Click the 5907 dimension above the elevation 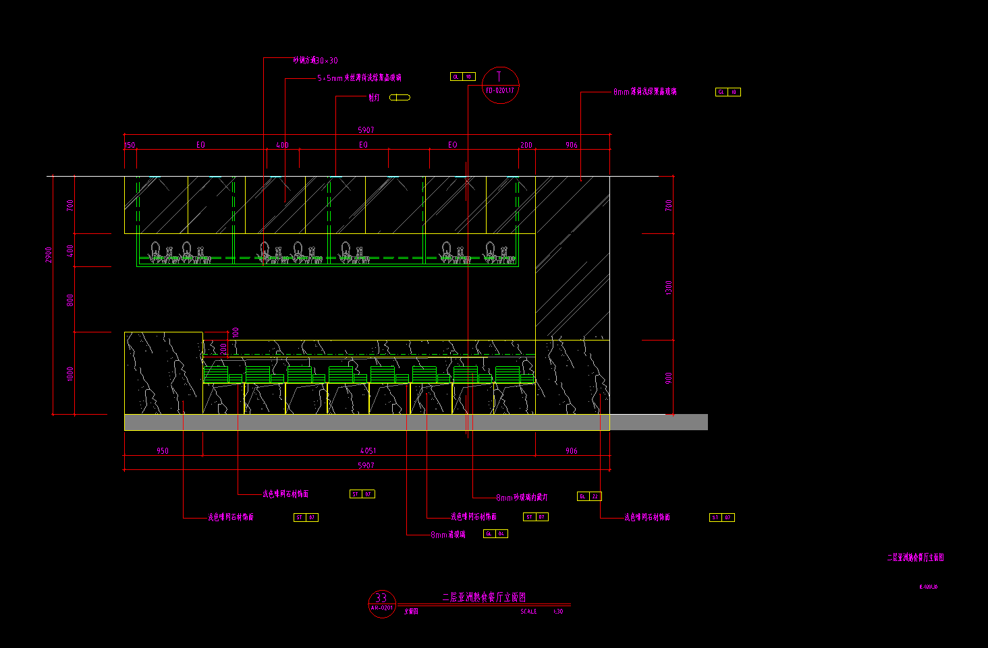[x=366, y=130]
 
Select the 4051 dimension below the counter [x=368, y=450]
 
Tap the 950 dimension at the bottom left [x=163, y=450]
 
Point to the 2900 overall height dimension [x=49, y=255]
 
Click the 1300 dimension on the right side [x=669, y=287]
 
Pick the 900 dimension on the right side [x=669, y=378]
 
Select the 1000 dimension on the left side [x=70, y=374]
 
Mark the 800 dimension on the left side [x=70, y=300]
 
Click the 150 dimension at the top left [x=130, y=145]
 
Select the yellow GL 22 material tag [x=589, y=496]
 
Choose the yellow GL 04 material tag [x=495, y=533]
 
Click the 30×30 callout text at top [x=315, y=61]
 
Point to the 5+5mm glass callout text [x=359, y=78]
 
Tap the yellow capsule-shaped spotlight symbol [x=400, y=97]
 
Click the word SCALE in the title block [x=528, y=612]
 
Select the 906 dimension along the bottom [x=572, y=450]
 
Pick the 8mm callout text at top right [x=644, y=92]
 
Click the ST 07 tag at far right [x=722, y=517]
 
